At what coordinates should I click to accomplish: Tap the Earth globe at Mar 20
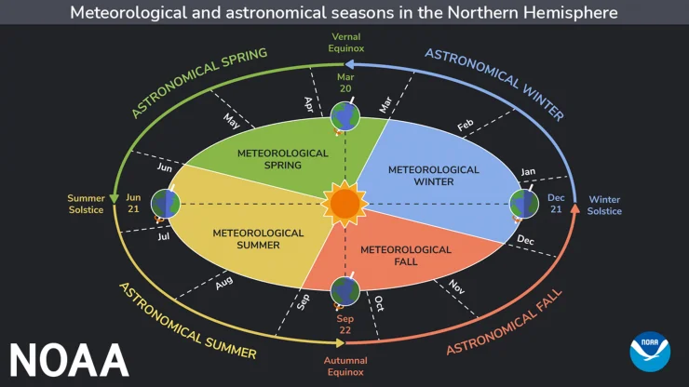tap(344, 116)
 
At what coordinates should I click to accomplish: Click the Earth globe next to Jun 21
tap(166, 203)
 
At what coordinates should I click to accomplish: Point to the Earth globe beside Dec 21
tap(525, 203)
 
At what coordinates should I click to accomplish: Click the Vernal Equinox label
tap(346, 42)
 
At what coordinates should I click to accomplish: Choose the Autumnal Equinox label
tap(345, 366)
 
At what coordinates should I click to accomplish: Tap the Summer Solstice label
tap(85, 204)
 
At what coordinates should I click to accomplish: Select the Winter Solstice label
tap(604, 206)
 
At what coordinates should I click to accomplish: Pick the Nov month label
tap(456, 287)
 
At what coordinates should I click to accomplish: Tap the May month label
tap(232, 120)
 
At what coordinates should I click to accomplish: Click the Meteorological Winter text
tap(433, 176)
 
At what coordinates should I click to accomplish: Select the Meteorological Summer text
tap(259, 238)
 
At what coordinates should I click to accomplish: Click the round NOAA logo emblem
tap(649, 352)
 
